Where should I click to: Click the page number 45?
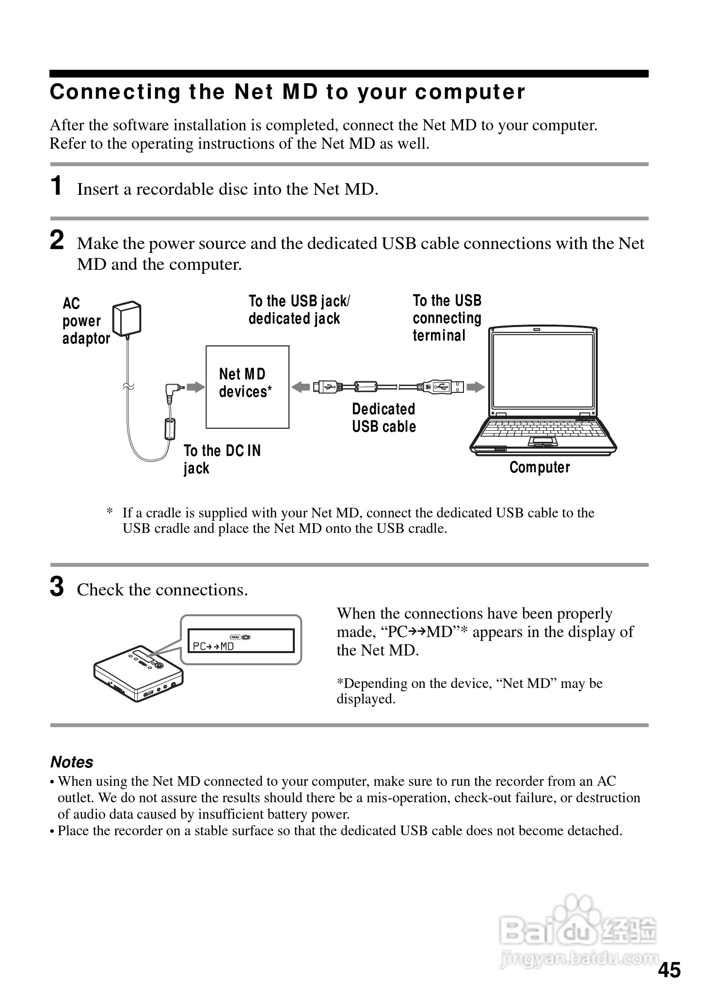click(x=669, y=970)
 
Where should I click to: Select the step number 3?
click(x=57, y=587)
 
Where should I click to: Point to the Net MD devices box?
click(x=247, y=387)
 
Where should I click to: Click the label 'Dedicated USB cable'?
click(x=383, y=418)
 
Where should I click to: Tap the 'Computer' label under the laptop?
click(x=540, y=468)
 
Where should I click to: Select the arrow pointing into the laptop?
click(x=476, y=387)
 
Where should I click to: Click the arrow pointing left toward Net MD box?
click(x=301, y=387)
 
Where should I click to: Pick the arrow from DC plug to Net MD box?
click(x=196, y=387)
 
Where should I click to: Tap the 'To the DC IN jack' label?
click(x=222, y=459)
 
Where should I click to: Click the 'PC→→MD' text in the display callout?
click(x=213, y=646)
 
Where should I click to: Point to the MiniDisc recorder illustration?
click(x=138, y=673)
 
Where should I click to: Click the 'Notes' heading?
click(x=72, y=762)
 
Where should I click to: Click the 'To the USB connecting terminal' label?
click(x=447, y=318)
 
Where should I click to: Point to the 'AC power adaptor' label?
click(x=85, y=321)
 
